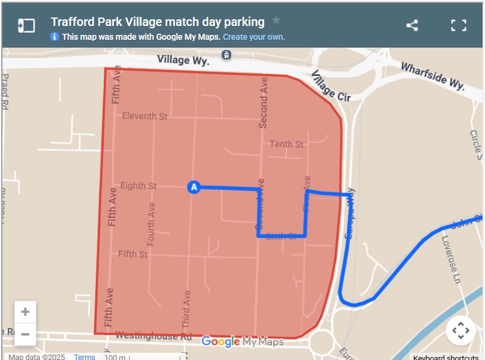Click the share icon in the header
pos(412,25)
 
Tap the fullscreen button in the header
pos(459,25)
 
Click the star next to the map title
pos(276,21)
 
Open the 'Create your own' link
pos(254,37)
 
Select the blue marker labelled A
pos(193,188)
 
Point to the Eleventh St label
pos(145,116)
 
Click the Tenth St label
pos(287,144)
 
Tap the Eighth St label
pos(138,186)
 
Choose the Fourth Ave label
pos(151,223)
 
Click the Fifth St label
pos(133,254)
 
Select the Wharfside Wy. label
pos(433,77)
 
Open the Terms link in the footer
pos(84,356)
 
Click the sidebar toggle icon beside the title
pos(27,25)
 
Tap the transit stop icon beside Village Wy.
pos(226,55)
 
